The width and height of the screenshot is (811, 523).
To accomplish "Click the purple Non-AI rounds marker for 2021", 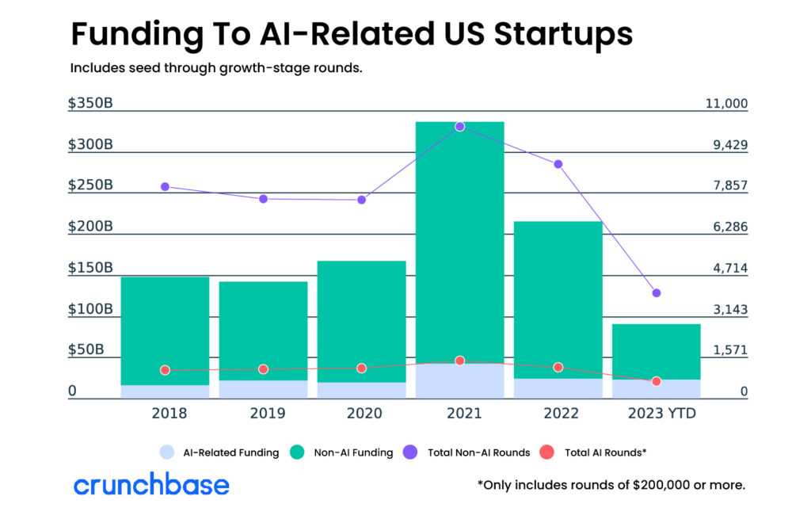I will pos(459,127).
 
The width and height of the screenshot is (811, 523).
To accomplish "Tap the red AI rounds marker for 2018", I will pos(165,370).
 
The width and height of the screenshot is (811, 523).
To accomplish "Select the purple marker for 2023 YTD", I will pos(656,293).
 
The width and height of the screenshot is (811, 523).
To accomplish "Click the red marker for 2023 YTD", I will pos(656,381).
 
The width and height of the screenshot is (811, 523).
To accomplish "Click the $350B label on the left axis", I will pos(90,104).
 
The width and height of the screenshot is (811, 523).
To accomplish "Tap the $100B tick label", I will pos(90,309).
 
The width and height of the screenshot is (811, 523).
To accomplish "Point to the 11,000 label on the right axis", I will pos(725,104).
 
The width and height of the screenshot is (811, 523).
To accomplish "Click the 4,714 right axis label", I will pos(729,269).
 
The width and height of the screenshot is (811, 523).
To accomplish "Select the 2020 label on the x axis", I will pos(361,413).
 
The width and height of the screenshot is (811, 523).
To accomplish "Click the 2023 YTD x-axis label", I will pos(656,413).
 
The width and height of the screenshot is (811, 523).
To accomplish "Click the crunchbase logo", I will pos(151,484).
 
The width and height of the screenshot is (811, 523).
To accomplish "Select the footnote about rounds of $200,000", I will pos(611,485).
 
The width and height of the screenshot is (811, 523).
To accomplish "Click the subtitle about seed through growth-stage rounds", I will pos(216,68).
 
